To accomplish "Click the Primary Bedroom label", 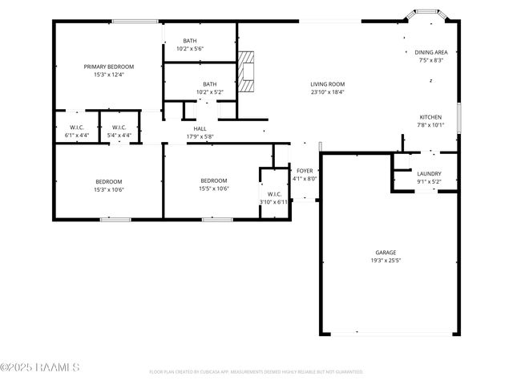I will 109,66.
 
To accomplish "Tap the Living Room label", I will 327,83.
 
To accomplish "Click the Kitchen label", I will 430,116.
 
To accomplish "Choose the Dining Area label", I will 430,51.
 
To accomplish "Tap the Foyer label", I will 305,171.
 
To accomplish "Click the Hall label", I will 200,128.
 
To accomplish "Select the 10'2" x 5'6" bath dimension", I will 190,49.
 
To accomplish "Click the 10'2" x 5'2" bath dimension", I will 209,92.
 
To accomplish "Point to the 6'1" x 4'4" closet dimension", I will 78,136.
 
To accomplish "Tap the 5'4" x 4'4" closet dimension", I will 119,136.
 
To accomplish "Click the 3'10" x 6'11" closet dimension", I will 273,202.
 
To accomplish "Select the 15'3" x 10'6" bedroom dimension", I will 109,189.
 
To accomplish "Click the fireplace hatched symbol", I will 248,71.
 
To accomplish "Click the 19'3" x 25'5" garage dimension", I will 386,261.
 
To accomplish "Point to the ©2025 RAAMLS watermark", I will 40,368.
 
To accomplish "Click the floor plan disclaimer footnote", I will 256,372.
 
